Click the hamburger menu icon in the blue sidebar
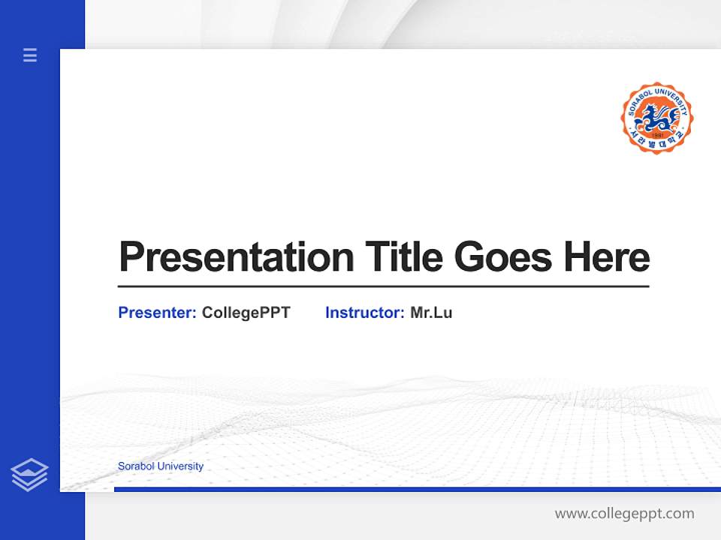coord(30,55)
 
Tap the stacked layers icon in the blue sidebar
coord(29,475)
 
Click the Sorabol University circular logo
coord(656,118)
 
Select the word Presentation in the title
coord(236,257)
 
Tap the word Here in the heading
coord(607,257)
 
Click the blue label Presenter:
coord(157,313)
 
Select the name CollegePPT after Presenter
coord(246,313)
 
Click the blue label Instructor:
coord(364,313)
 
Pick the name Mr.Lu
coord(431,313)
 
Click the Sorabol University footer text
coord(160,466)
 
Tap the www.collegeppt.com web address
coord(624,514)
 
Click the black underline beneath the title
coord(383,286)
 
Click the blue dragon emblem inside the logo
coord(656,116)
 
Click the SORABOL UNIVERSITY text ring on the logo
coord(656,92)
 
